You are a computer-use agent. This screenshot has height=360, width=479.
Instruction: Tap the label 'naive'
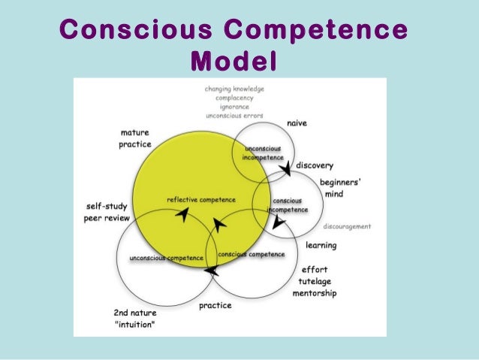click(x=297, y=123)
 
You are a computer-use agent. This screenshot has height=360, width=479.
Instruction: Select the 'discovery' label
click(x=315, y=165)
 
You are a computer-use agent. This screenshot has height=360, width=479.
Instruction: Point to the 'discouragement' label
click(x=347, y=226)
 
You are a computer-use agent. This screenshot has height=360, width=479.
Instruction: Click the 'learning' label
click(x=321, y=245)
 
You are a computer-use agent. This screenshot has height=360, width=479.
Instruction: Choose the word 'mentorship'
click(x=315, y=293)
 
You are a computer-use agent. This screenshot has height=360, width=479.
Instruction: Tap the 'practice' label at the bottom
click(x=215, y=306)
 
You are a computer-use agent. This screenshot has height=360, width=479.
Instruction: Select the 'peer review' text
click(x=107, y=218)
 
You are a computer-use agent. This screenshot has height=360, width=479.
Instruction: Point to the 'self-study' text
click(x=107, y=206)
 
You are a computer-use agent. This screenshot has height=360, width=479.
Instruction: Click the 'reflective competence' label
click(x=200, y=200)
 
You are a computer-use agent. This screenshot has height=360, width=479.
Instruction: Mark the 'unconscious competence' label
click(x=166, y=259)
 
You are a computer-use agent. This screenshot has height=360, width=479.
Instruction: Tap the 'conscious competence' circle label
click(x=251, y=255)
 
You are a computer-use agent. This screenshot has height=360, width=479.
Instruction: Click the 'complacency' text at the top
click(x=234, y=98)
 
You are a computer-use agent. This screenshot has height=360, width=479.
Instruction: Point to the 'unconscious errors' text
click(x=234, y=116)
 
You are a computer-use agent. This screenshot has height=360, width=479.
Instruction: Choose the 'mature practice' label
click(x=135, y=138)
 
